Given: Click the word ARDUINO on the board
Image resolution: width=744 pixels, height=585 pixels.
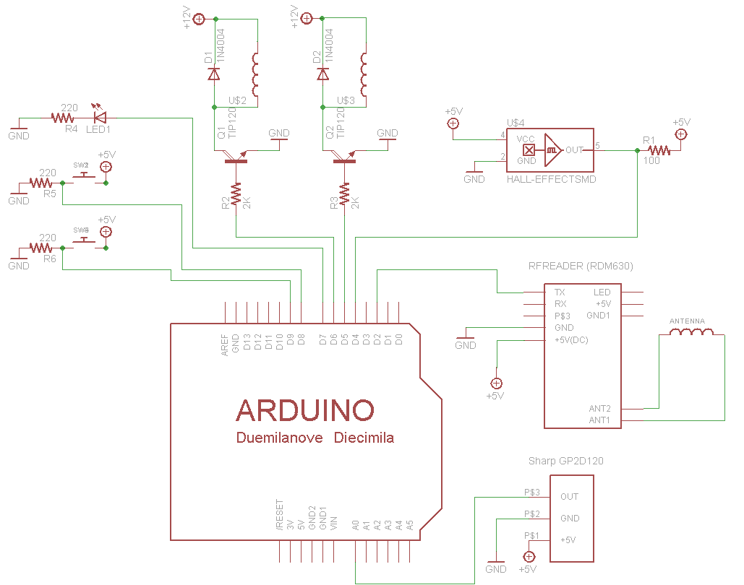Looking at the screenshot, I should pyautogui.click(x=305, y=410).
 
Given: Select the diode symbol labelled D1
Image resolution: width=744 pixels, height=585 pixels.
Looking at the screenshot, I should pyautogui.click(x=213, y=74).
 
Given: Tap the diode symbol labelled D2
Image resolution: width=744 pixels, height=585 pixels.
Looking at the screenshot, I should pyautogui.click(x=322, y=74).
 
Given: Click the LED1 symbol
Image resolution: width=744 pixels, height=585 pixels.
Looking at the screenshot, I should pyautogui.click(x=100, y=116).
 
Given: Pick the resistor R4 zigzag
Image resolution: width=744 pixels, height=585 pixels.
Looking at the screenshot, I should pyautogui.click(x=63, y=117).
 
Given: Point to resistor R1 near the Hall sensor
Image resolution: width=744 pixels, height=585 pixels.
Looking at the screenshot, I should pyautogui.click(x=659, y=150).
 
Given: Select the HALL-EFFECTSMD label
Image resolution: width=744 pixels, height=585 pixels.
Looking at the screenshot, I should pyautogui.click(x=552, y=179).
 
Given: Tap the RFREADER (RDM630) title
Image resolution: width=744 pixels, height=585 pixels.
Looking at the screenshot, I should pyautogui.click(x=581, y=266).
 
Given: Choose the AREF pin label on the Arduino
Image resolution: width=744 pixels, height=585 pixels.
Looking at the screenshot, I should pyautogui.click(x=225, y=344).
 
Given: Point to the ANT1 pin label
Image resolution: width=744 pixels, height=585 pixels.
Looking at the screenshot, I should pyautogui.click(x=599, y=420).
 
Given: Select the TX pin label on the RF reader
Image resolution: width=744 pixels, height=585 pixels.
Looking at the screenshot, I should pyautogui.click(x=560, y=292).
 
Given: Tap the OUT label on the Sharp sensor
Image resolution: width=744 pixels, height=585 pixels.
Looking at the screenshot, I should pyautogui.click(x=569, y=497).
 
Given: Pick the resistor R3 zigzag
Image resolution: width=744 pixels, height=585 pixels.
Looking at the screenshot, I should pyautogui.click(x=344, y=194).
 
